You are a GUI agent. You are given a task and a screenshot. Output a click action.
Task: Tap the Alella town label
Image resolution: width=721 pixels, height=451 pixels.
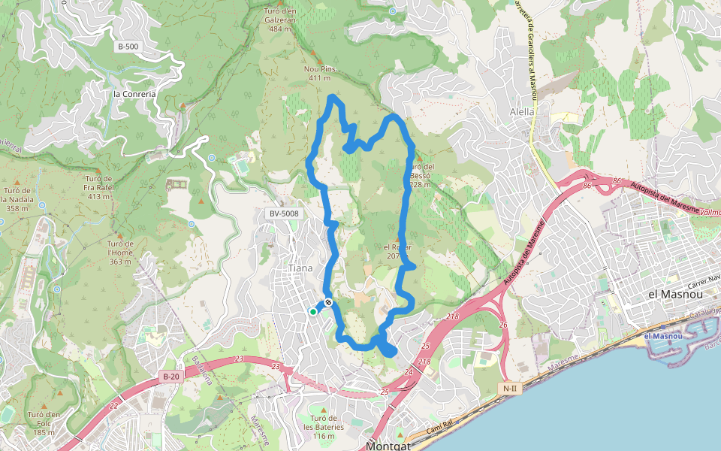coord(522,112)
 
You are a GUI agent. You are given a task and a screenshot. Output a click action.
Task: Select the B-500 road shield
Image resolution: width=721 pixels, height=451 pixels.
coord(128,47)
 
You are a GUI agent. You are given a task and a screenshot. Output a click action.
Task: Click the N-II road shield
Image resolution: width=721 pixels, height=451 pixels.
coord(510,388)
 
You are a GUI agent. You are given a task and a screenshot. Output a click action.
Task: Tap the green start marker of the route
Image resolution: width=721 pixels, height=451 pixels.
coord(313,311)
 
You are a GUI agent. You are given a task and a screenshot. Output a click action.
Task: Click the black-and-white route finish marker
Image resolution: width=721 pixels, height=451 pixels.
coord(328,302)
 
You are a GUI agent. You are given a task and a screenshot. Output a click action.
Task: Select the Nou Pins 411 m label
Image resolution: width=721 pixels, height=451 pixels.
coord(320,73)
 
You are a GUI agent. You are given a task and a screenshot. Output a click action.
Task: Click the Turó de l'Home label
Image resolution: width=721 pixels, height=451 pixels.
coord(120,253)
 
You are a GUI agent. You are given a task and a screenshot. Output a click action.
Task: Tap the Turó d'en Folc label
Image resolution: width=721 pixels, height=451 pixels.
coord(44,423)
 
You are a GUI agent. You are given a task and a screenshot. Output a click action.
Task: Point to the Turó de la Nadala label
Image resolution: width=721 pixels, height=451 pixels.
coord(22,199)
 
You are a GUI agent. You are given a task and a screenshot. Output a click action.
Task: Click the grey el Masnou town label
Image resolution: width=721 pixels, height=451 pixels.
coord(674,295)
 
